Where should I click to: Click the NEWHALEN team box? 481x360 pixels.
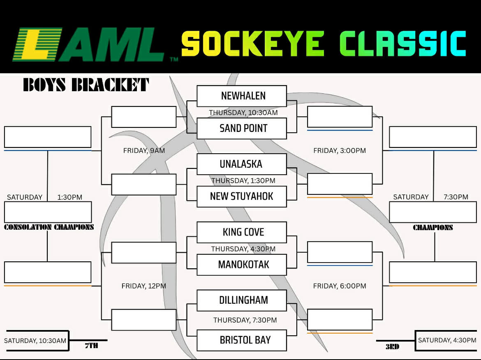click(x=242, y=96)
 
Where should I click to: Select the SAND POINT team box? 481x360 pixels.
click(x=242, y=128)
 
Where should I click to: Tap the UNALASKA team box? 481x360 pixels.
click(x=242, y=164)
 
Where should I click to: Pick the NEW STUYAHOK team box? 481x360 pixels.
click(x=242, y=196)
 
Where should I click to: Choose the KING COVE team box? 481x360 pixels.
click(x=242, y=232)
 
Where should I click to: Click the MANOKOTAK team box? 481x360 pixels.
click(x=242, y=264)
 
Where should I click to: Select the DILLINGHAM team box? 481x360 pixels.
click(x=242, y=300)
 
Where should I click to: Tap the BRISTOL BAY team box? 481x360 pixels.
click(x=242, y=340)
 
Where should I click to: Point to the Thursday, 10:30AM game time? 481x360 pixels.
click(x=243, y=112)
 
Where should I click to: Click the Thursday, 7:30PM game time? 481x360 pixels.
click(x=245, y=320)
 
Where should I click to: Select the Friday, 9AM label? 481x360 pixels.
click(x=144, y=150)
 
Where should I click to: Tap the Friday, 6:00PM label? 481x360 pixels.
click(x=340, y=286)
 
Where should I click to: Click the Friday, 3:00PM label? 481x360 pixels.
click(x=340, y=150)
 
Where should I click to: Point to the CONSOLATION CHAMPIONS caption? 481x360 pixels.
click(x=49, y=227)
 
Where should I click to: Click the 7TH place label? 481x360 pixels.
click(x=91, y=346)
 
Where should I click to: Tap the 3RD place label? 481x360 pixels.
click(x=392, y=346)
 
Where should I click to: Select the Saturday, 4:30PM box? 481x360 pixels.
click(x=447, y=340)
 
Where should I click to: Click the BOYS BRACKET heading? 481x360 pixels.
click(x=86, y=85)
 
